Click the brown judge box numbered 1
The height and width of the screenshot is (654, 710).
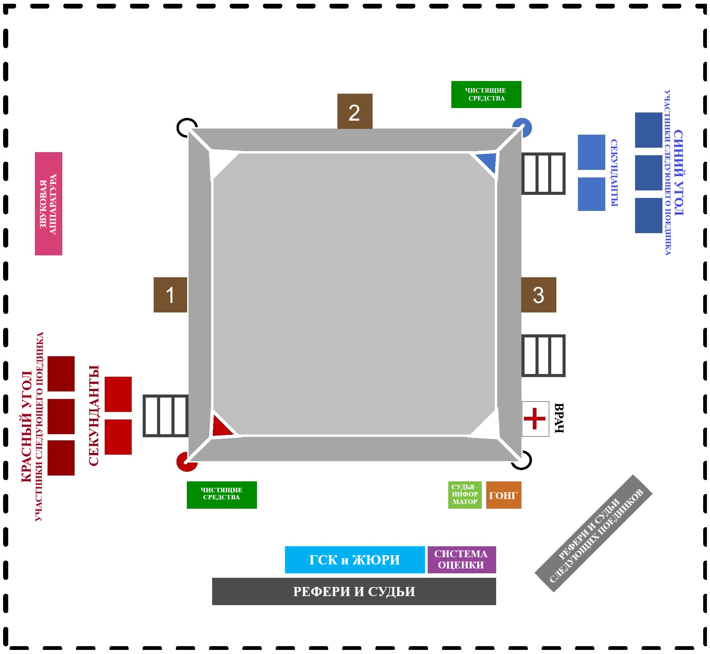pos(170,295)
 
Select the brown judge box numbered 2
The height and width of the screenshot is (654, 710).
pos(354,111)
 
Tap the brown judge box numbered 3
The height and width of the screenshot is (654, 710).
pos(538,295)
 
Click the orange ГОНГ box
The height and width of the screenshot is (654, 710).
pos(503,495)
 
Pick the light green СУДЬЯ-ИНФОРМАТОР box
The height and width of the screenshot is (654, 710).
pos(465,495)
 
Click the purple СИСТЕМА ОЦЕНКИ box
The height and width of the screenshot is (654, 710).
pos(461,560)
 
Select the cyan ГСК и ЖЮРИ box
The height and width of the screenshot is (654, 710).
pos(354,560)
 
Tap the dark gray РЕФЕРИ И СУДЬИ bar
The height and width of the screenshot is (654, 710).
pos(354,591)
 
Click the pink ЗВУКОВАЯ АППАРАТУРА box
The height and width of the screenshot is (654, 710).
pos(49,203)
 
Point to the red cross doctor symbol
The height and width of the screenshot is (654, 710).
pos(535,419)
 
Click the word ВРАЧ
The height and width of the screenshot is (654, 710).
pos(558,418)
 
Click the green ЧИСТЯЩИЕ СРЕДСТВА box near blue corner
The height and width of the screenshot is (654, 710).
pos(486,94)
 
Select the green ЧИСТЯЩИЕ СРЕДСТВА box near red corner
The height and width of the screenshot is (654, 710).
pos(222,495)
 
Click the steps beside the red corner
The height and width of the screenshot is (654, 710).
pos(165,416)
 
